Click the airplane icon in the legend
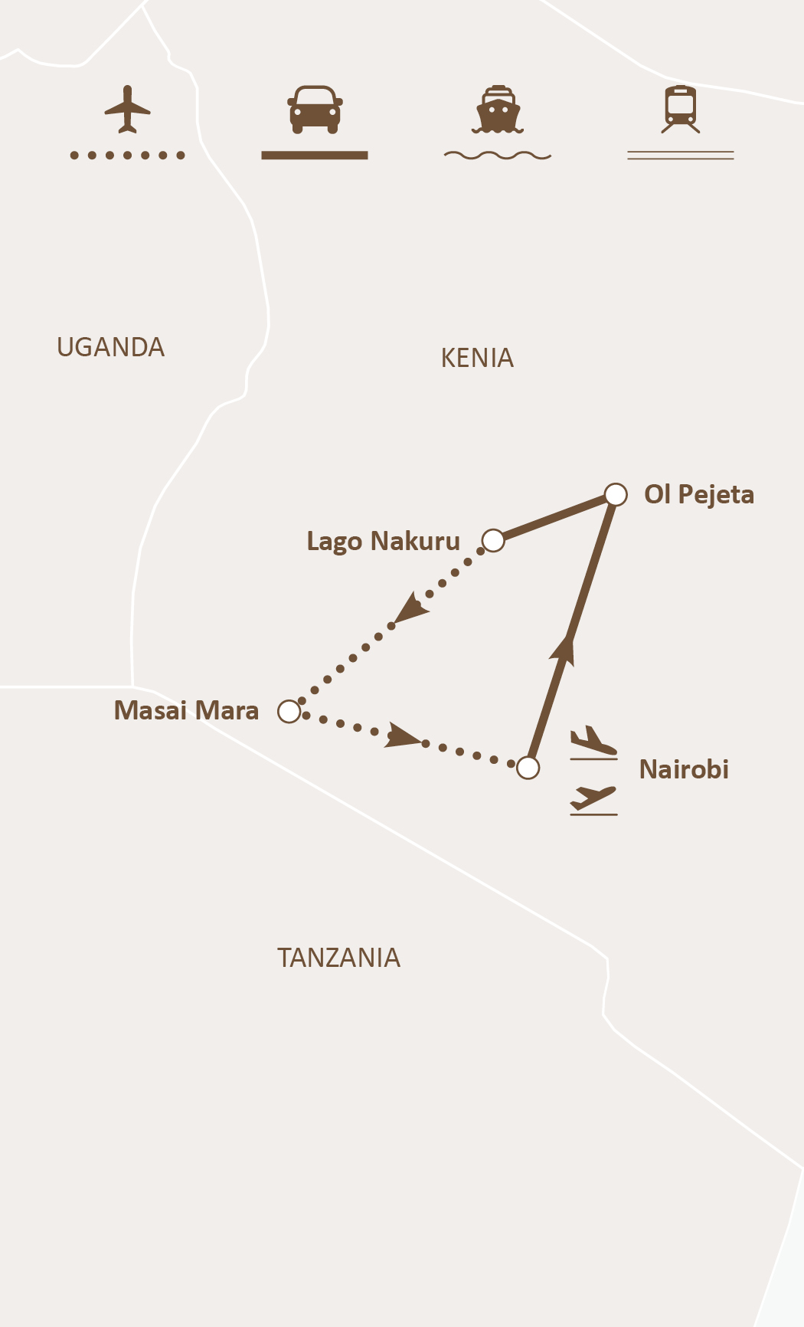(127, 110)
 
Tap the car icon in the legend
(315, 109)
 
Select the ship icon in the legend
(498, 109)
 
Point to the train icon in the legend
(681, 109)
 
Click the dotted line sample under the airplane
(127, 156)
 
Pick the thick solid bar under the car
(315, 156)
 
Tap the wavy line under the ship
(498, 156)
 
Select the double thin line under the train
(681, 156)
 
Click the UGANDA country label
(110, 348)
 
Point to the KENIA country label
(477, 359)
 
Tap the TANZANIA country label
(338, 958)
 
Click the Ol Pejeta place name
(699, 495)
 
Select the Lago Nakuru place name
(383, 542)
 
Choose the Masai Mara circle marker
(289, 712)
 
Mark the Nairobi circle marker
(528, 767)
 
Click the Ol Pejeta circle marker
(616, 495)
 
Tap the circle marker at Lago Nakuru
(493, 540)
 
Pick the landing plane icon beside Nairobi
(593, 742)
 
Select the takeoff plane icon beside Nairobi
(593, 799)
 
